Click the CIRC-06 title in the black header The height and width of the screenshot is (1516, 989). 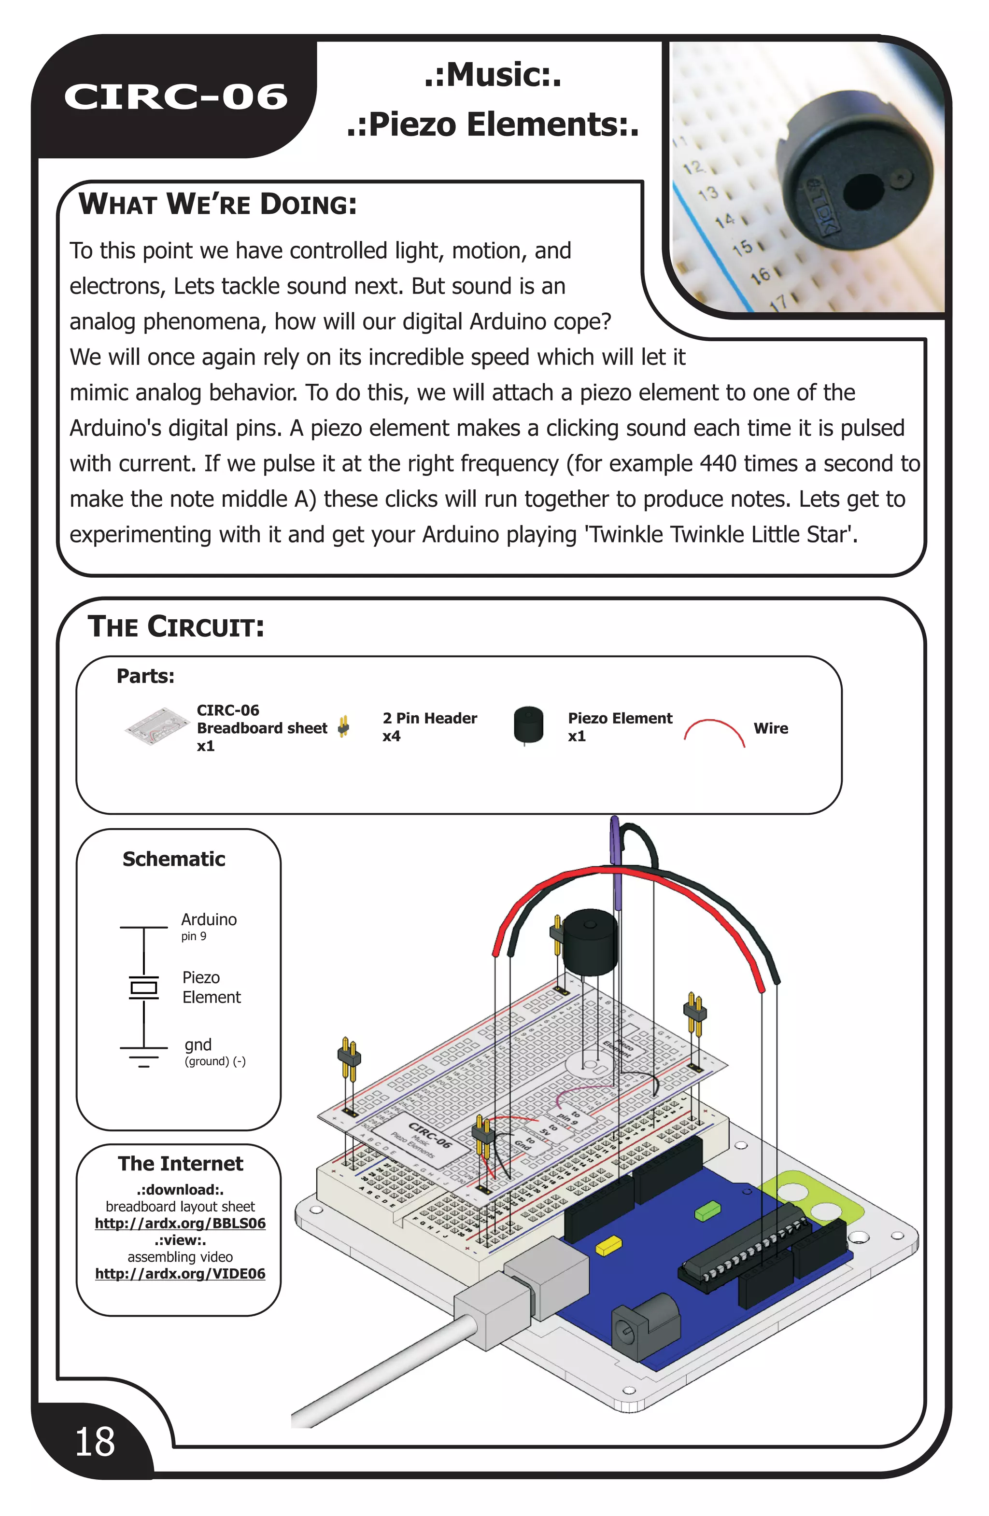click(175, 97)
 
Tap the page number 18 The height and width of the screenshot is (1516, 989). click(95, 1442)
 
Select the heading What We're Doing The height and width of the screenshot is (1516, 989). click(217, 205)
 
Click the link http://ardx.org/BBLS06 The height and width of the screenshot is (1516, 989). click(180, 1223)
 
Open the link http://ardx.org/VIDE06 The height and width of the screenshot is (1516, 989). click(180, 1273)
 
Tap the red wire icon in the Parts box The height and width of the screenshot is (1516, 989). click(714, 731)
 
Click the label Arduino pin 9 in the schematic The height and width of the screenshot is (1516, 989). click(209, 926)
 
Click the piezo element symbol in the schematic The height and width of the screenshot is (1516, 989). click(144, 988)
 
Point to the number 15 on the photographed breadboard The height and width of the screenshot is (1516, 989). click(742, 247)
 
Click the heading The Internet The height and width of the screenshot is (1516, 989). click(180, 1164)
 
